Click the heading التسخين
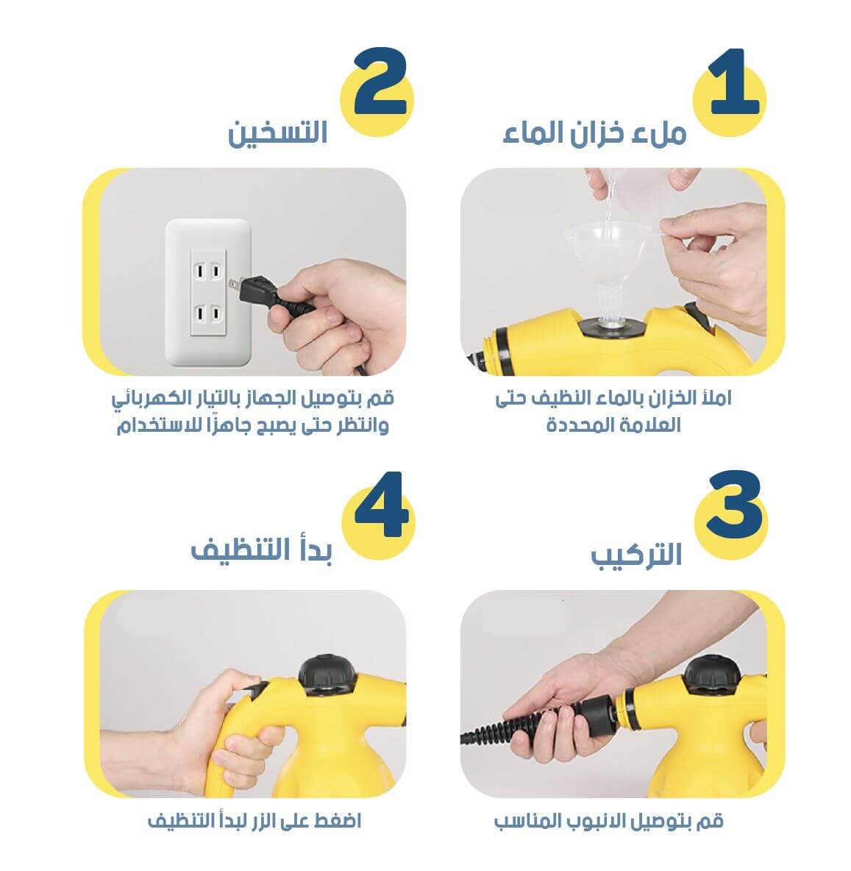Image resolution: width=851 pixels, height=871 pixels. point(277,133)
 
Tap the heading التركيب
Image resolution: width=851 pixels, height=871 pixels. point(636,555)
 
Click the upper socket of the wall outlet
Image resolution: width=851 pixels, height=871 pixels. point(207,271)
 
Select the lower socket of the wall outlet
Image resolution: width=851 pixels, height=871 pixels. point(207,314)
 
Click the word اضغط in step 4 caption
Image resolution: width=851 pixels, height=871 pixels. point(337,820)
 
